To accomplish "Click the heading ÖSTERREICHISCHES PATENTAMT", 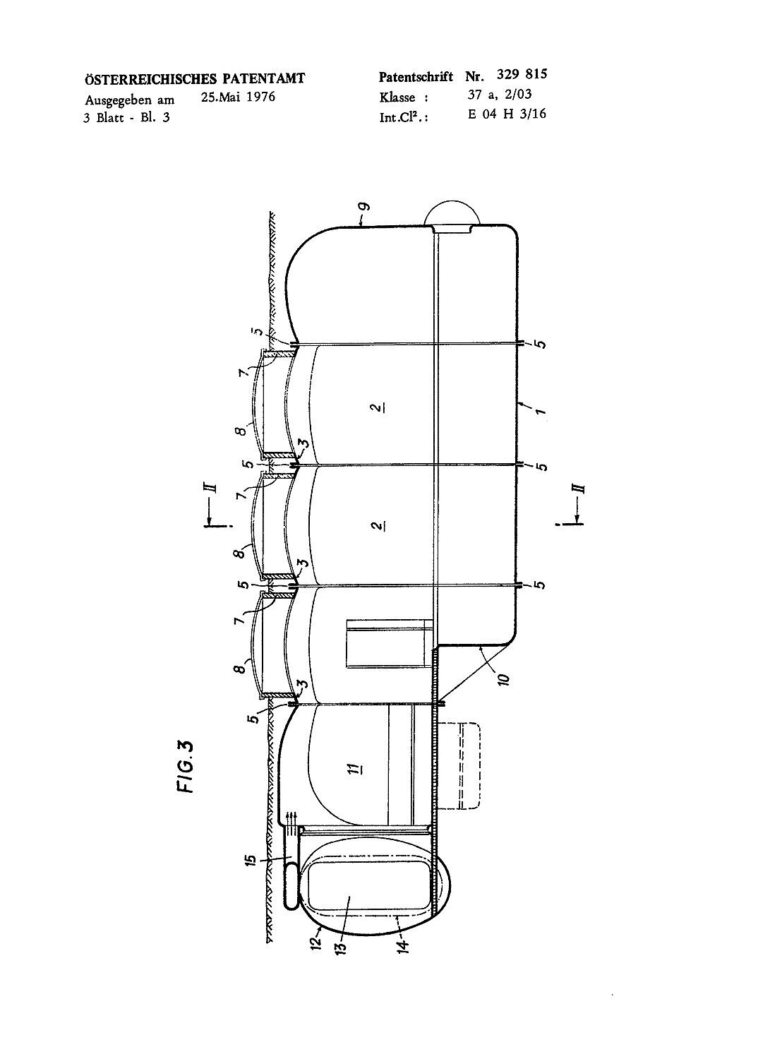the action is (x=195, y=78).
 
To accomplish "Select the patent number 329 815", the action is (x=522, y=75).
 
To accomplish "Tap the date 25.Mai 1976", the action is (x=238, y=97).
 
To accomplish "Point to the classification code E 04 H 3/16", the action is (x=507, y=114).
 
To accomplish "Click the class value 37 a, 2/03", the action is (x=500, y=95).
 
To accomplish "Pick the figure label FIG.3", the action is (x=186, y=767).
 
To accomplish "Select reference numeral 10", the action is (x=505, y=678).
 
